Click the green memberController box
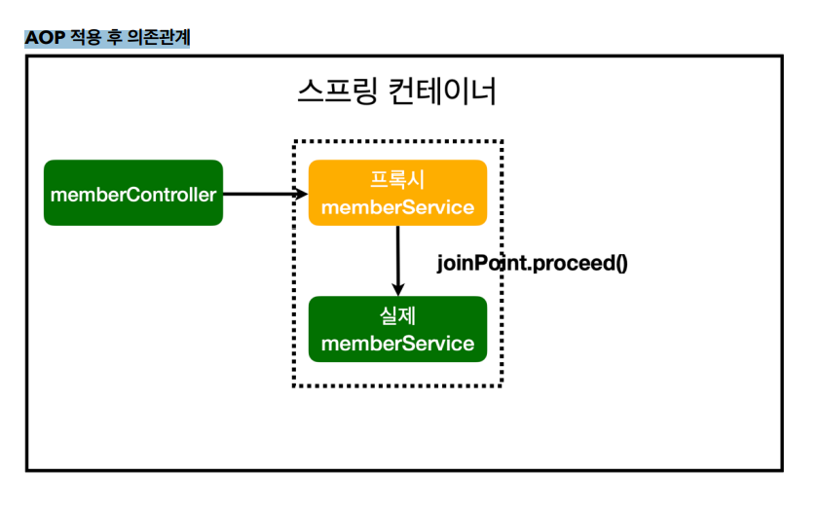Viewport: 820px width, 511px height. pos(133,193)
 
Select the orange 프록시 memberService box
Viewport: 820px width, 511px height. pos(397,193)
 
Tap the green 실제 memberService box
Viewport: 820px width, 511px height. pos(397,329)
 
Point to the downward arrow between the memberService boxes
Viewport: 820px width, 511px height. pos(398,261)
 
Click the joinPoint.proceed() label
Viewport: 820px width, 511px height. pos(533,263)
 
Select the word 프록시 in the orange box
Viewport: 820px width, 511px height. pos(397,180)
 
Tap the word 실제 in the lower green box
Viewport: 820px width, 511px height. pos(397,315)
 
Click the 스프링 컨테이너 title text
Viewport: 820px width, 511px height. pos(397,91)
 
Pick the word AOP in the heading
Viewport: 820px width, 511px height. pos(45,38)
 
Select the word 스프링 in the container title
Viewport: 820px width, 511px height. pos(337,91)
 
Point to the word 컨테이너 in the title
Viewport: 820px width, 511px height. pos(442,91)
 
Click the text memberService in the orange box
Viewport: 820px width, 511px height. pos(397,207)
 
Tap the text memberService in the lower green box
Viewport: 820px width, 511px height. pos(397,344)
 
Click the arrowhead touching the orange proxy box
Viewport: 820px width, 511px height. pos(302,194)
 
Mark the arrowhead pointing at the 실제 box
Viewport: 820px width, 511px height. pos(398,289)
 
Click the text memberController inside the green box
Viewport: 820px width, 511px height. pos(133,195)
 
